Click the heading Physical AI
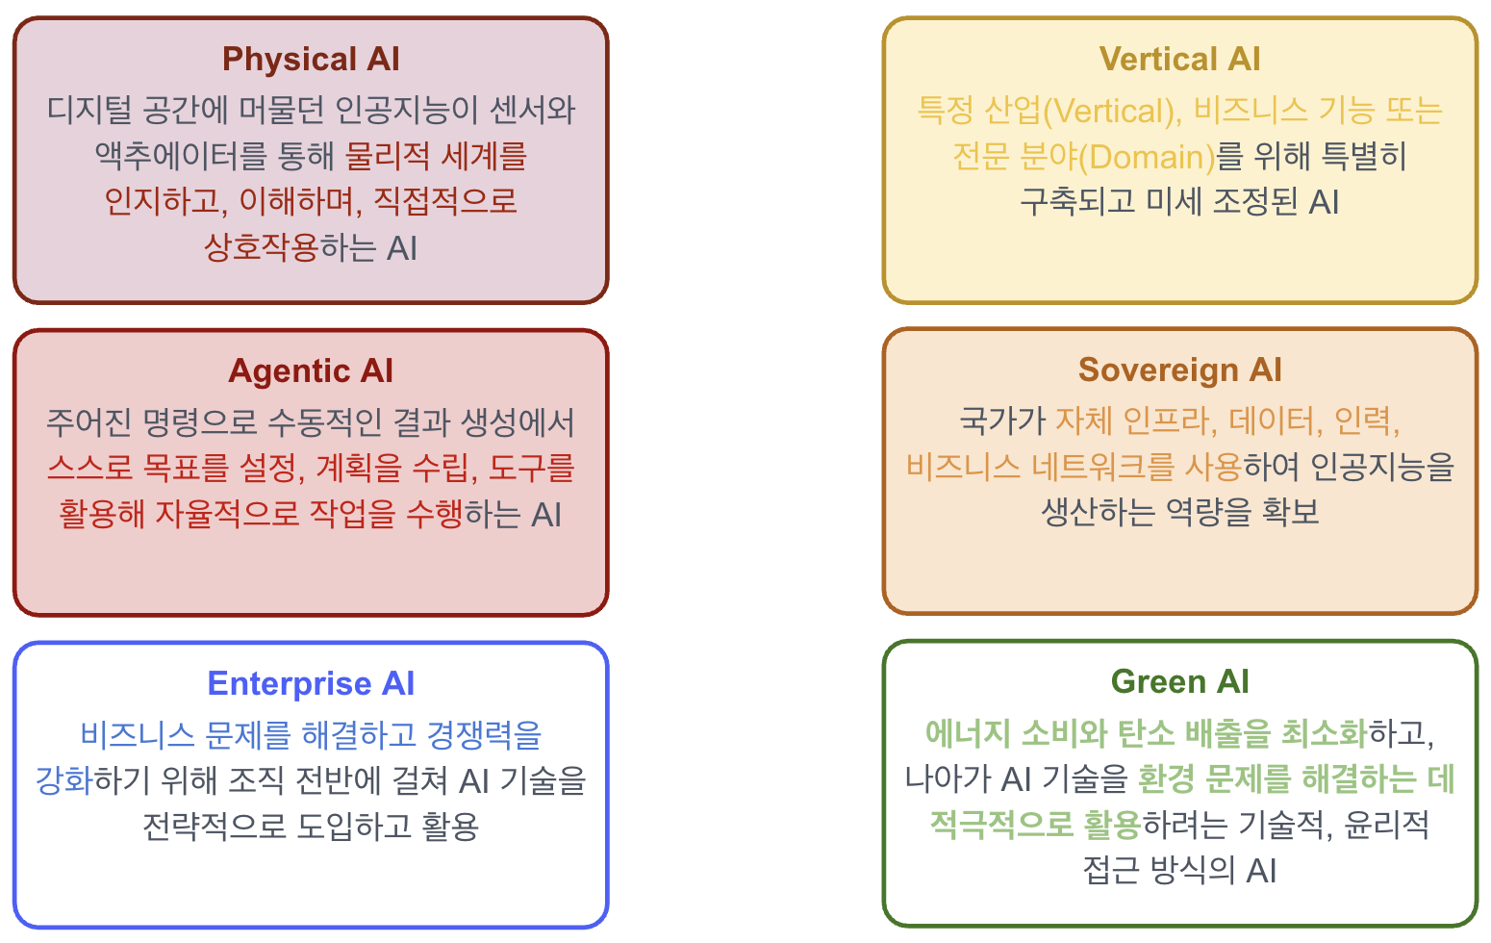pyautogui.click(x=311, y=60)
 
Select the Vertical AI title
pyautogui.click(x=1179, y=60)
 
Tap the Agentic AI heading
pyautogui.click(x=311, y=371)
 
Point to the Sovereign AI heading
pyautogui.click(x=1179, y=370)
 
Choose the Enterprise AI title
pyautogui.click(x=311, y=684)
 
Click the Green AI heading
pyautogui.click(x=1179, y=682)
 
